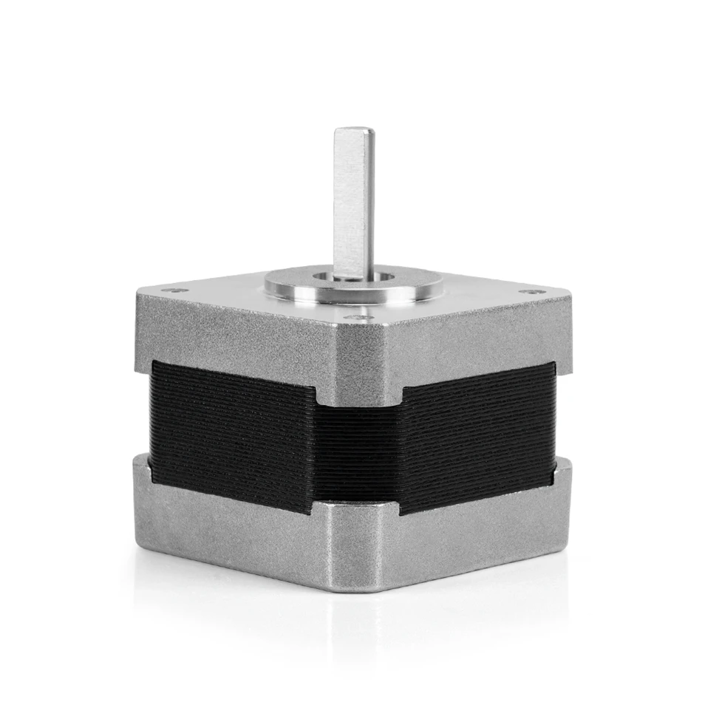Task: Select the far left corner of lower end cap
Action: pyautogui.click(x=134, y=462)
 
